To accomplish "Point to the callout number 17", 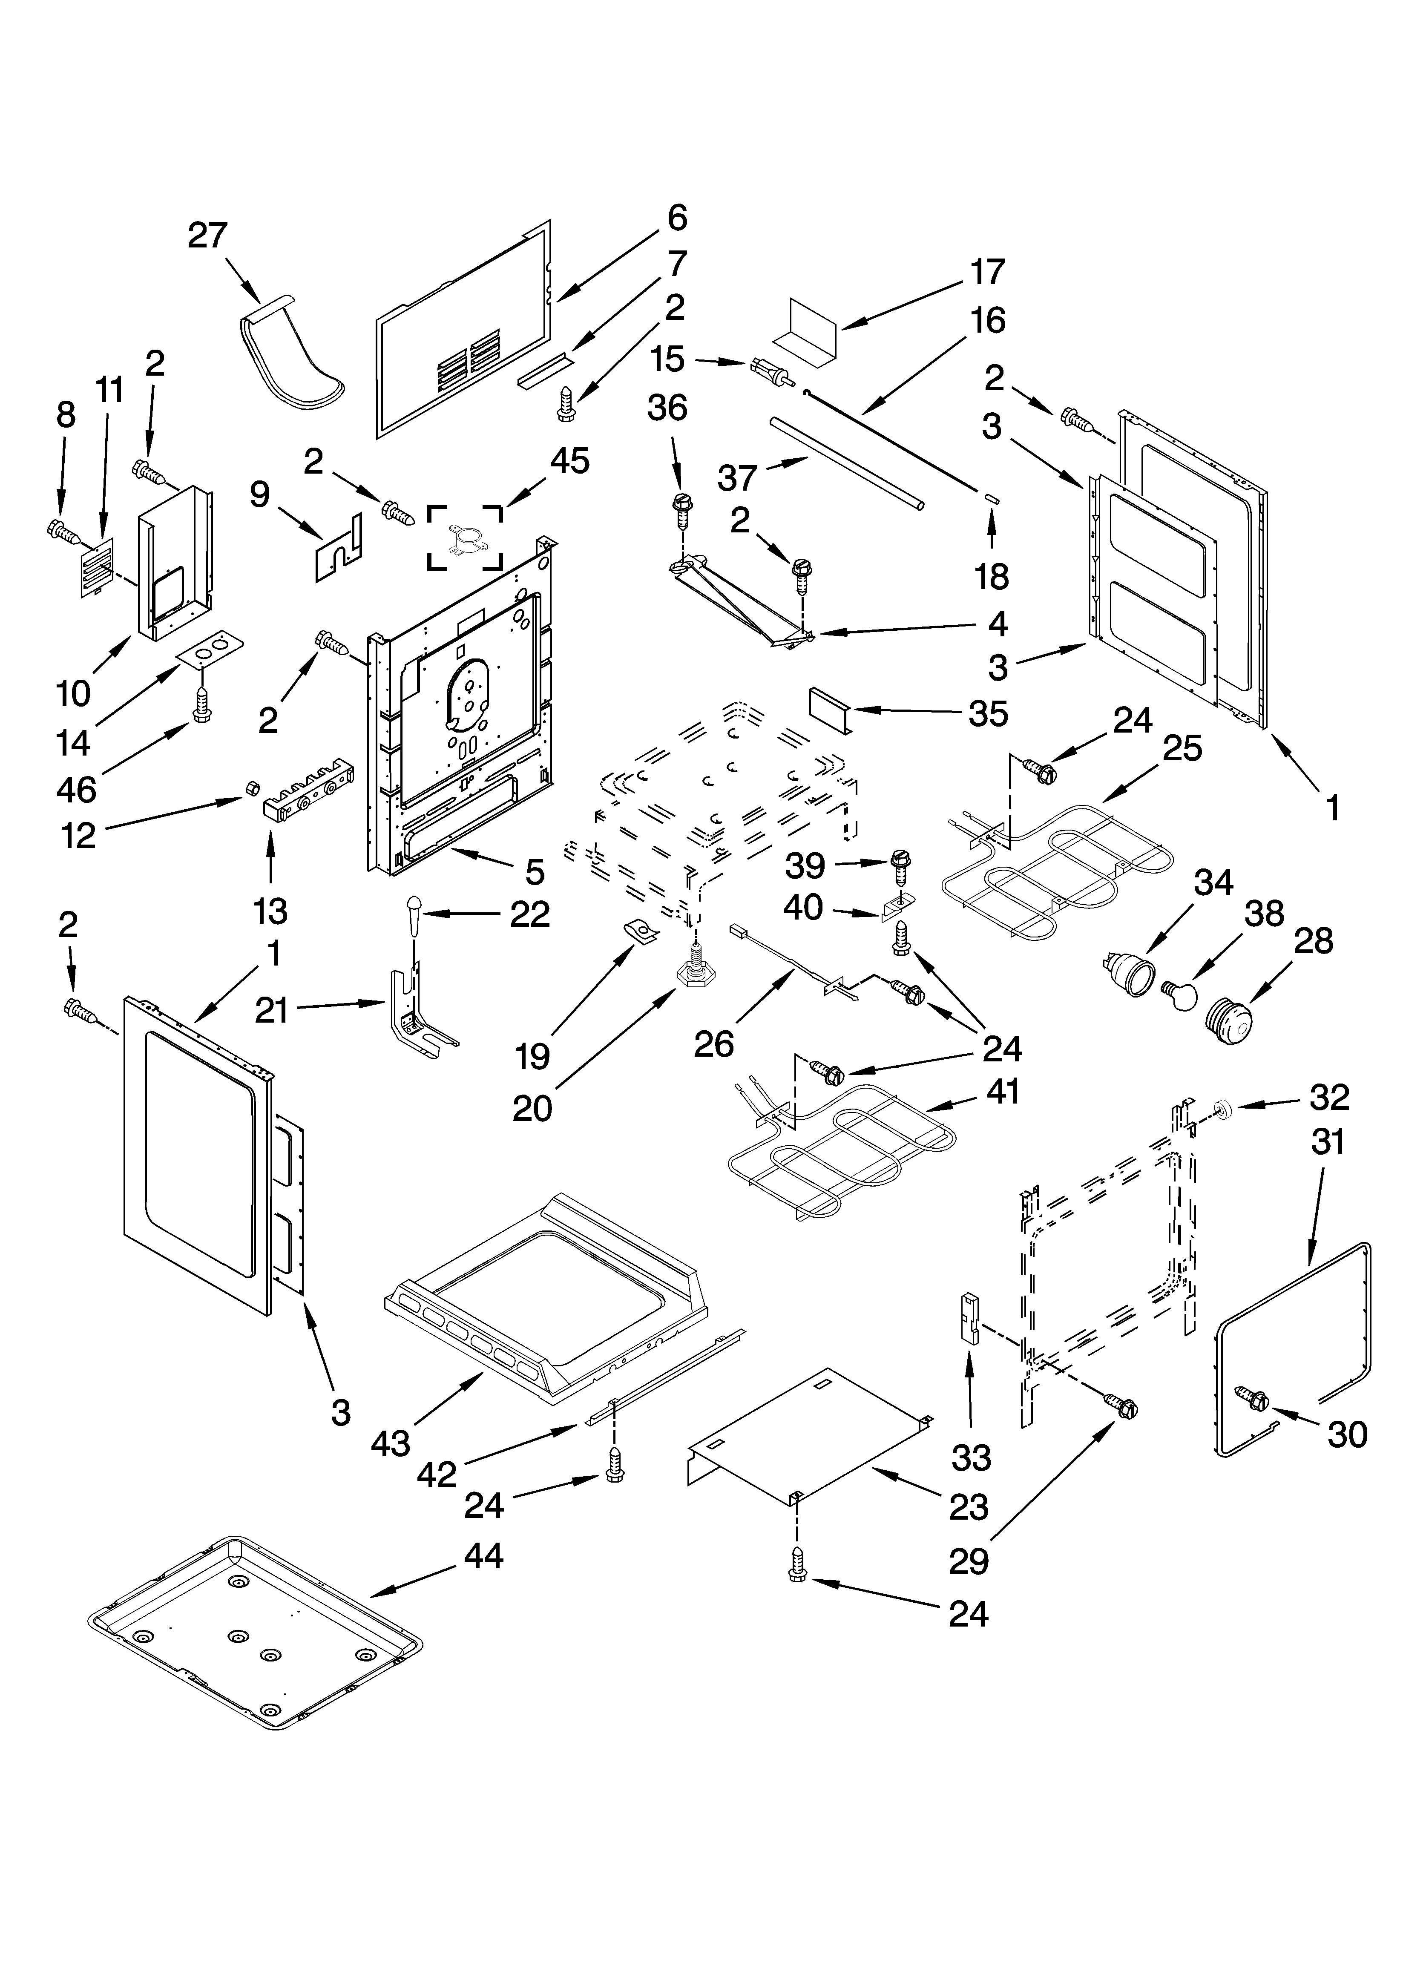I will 987,272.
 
